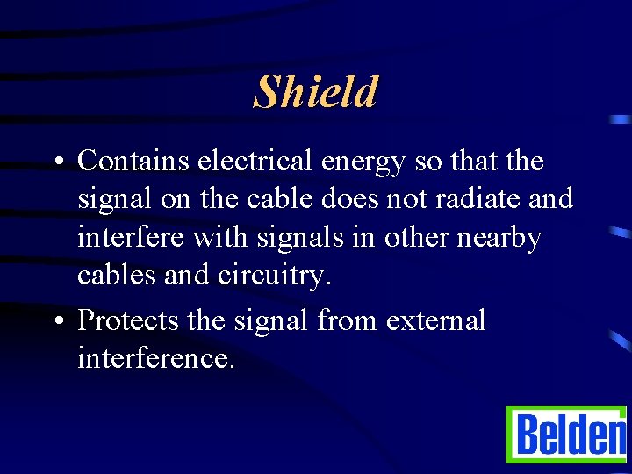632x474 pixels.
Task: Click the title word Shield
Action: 316,91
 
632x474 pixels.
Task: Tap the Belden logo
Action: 566,434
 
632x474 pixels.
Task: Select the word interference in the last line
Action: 155,358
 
